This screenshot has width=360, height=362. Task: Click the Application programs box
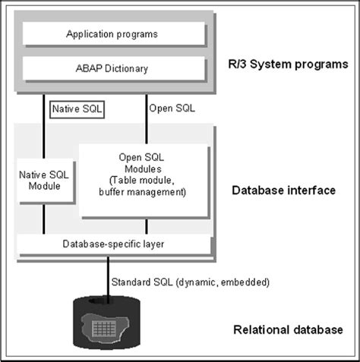(x=112, y=33)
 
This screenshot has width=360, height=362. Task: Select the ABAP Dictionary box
(x=112, y=68)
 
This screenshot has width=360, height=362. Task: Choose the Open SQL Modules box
(x=142, y=180)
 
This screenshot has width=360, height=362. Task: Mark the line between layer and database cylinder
(x=108, y=277)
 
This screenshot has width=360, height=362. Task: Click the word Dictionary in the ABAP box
(x=125, y=68)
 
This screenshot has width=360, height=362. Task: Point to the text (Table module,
(x=142, y=181)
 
